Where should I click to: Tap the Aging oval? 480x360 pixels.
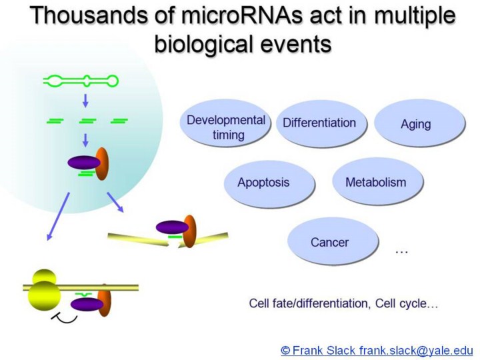pos(416,124)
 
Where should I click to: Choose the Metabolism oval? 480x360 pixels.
pos(377,181)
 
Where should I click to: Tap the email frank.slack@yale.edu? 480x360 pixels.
pos(416,349)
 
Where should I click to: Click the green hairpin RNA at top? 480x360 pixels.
pos(81,81)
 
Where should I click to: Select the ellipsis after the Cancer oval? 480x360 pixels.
pos(401,251)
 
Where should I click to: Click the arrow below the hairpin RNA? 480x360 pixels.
pos(85,101)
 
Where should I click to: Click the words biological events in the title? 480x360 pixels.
pos(243,45)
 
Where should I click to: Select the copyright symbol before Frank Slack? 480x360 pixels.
pos(286,349)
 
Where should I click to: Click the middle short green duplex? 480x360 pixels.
pos(87,121)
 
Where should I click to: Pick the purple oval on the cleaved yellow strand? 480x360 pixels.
pos(171,227)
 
